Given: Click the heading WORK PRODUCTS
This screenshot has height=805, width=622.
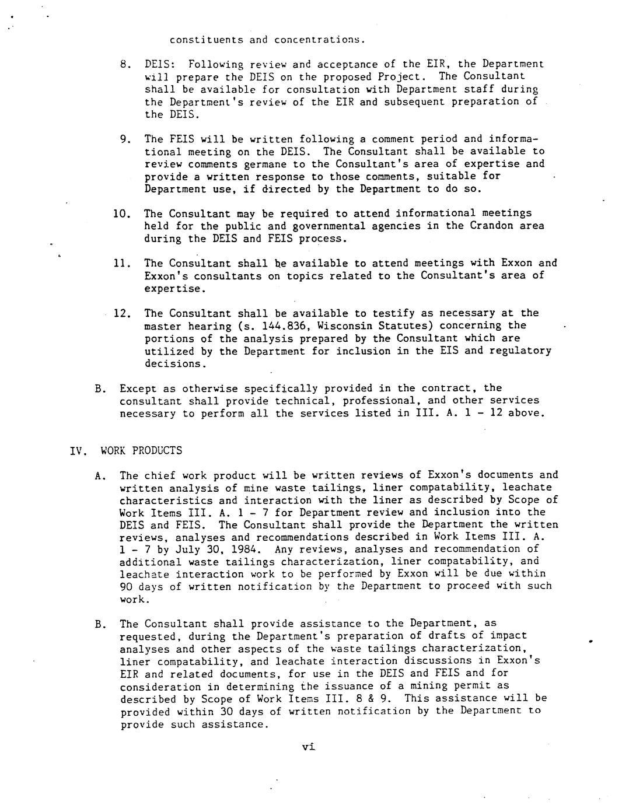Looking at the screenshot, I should [141, 450].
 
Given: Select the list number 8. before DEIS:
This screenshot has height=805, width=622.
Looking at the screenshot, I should [124, 64].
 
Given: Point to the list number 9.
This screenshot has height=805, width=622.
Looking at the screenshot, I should [124, 139].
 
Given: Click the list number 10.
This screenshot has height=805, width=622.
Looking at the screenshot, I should [121, 213].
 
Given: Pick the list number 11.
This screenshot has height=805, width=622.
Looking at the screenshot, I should [121, 263].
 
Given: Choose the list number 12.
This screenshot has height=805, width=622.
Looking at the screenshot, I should [121, 313].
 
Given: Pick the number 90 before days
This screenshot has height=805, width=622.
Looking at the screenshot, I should [125, 586].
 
